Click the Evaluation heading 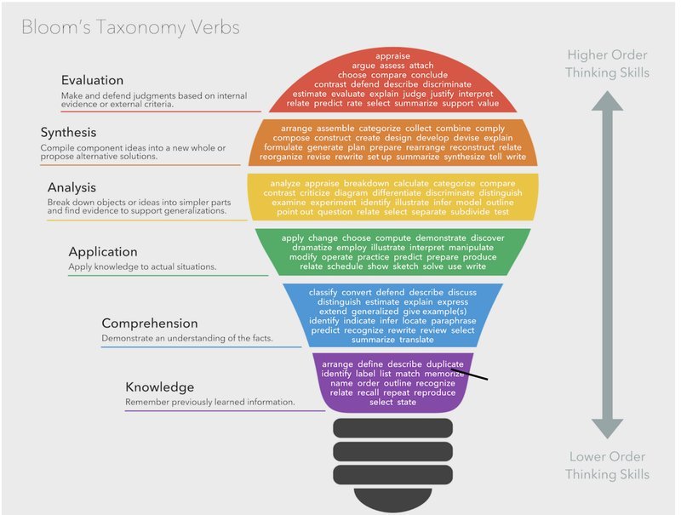tap(92, 80)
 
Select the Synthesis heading tap(68, 133)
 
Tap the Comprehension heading tap(150, 323)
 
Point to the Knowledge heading tap(159, 387)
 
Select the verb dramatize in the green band tap(312, 248)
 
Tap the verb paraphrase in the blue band tap(454, 321)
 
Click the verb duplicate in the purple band tap(444, 363)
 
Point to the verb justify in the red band tap(442, 94)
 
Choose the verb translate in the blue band tap(416, 340)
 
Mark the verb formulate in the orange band tap(283, 147)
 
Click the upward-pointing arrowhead tap(607, 100)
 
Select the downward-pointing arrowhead tap(607, 428)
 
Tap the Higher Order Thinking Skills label tap(607, 64)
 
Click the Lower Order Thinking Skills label tap(607, 466)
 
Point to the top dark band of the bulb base tap(392, 428)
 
